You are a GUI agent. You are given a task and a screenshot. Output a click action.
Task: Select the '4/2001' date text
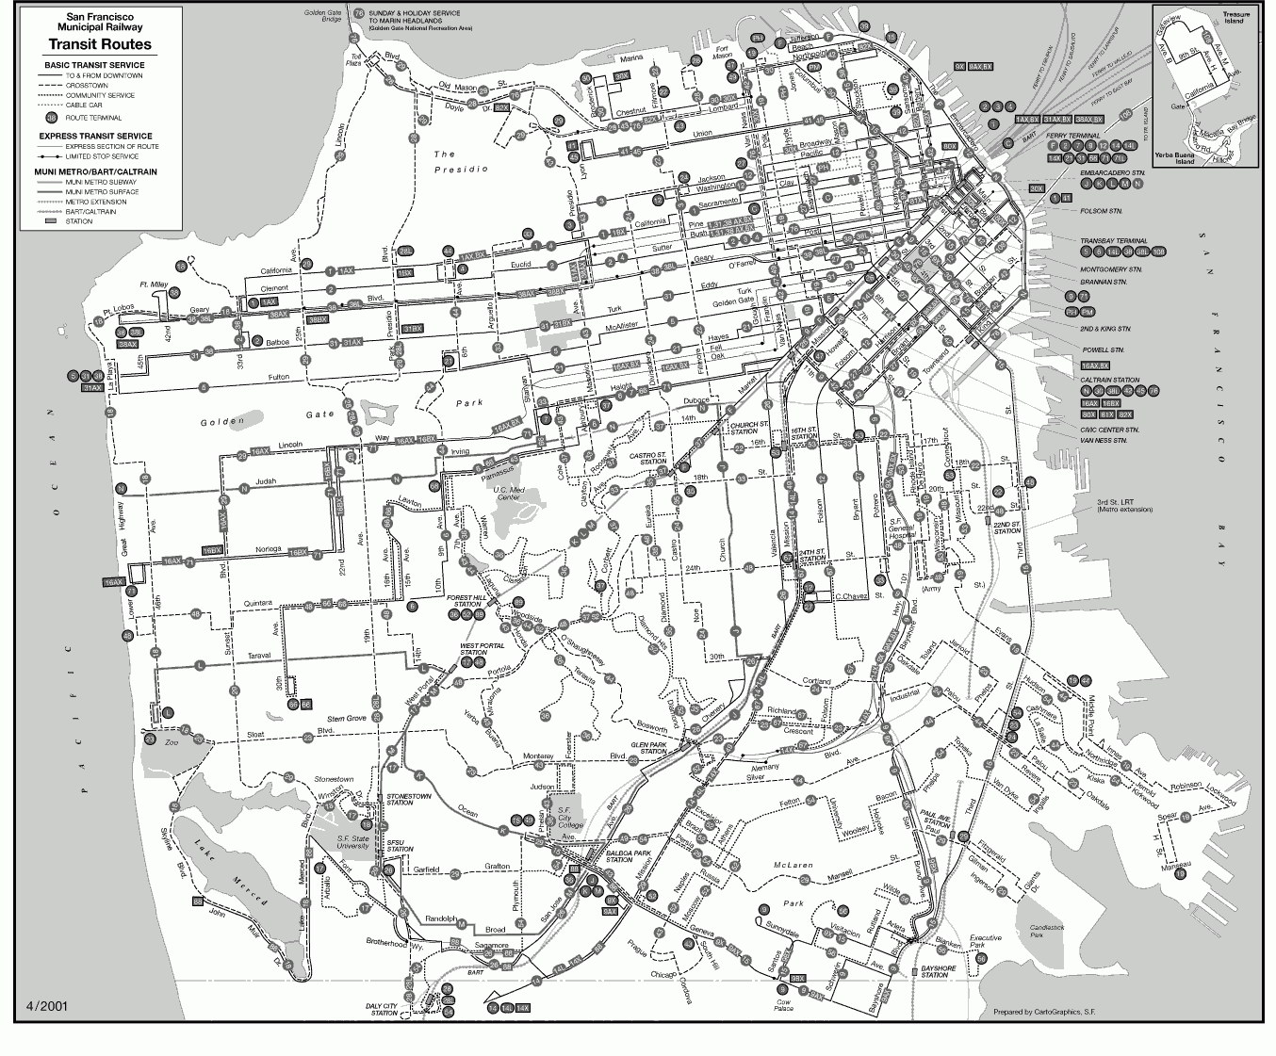(47, 1006)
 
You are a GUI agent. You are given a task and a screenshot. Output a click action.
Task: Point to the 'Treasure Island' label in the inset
(1235, 18)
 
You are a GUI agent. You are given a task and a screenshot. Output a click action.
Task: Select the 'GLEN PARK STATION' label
(649, 747)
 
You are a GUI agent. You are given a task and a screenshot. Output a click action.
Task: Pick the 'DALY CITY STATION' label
(384, 1009)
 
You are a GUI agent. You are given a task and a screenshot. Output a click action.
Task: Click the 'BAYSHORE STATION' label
(937, 971)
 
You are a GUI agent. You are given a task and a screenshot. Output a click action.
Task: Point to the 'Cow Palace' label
(783, 1005)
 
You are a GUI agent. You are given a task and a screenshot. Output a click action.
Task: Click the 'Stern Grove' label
(346, 718)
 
